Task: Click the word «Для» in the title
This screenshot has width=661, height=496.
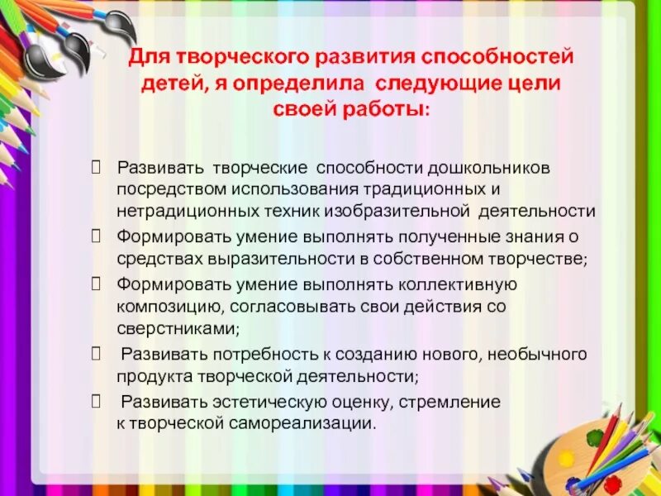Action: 145,60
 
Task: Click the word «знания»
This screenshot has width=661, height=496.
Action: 539,237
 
